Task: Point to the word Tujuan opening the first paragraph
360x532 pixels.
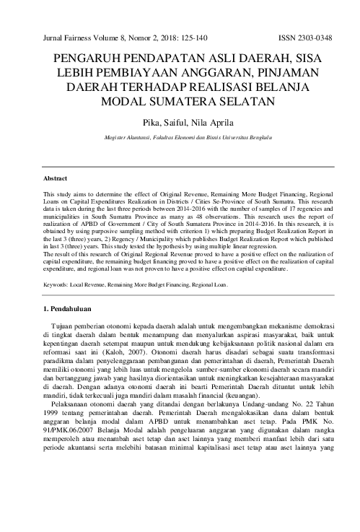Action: (66, 330)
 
